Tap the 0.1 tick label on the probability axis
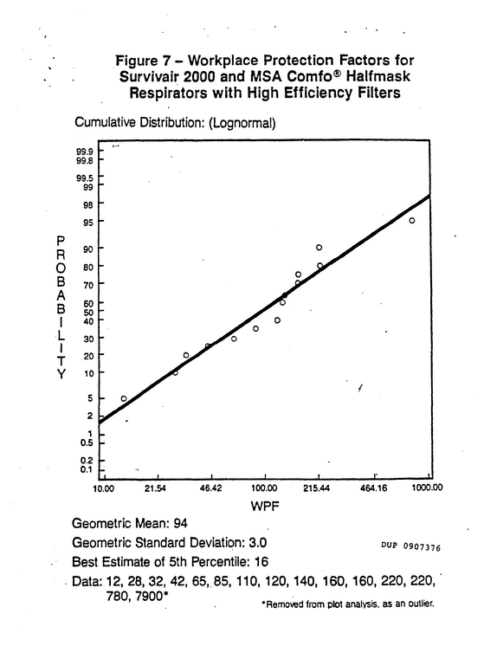tap(86, 469)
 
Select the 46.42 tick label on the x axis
tap(210, 488)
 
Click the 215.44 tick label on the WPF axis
tap(318, 488)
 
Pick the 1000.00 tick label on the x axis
tap(428, 488)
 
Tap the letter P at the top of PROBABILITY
tap(61, 241)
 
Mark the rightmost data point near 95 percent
tap(411, 221)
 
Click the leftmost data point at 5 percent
tap(124, 398)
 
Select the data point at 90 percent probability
tap(319, 247)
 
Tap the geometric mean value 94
tap(180, 523)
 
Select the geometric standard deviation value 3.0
tap(257, 543)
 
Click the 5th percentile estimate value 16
tap(261, 561)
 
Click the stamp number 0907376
tap(422, 546)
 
